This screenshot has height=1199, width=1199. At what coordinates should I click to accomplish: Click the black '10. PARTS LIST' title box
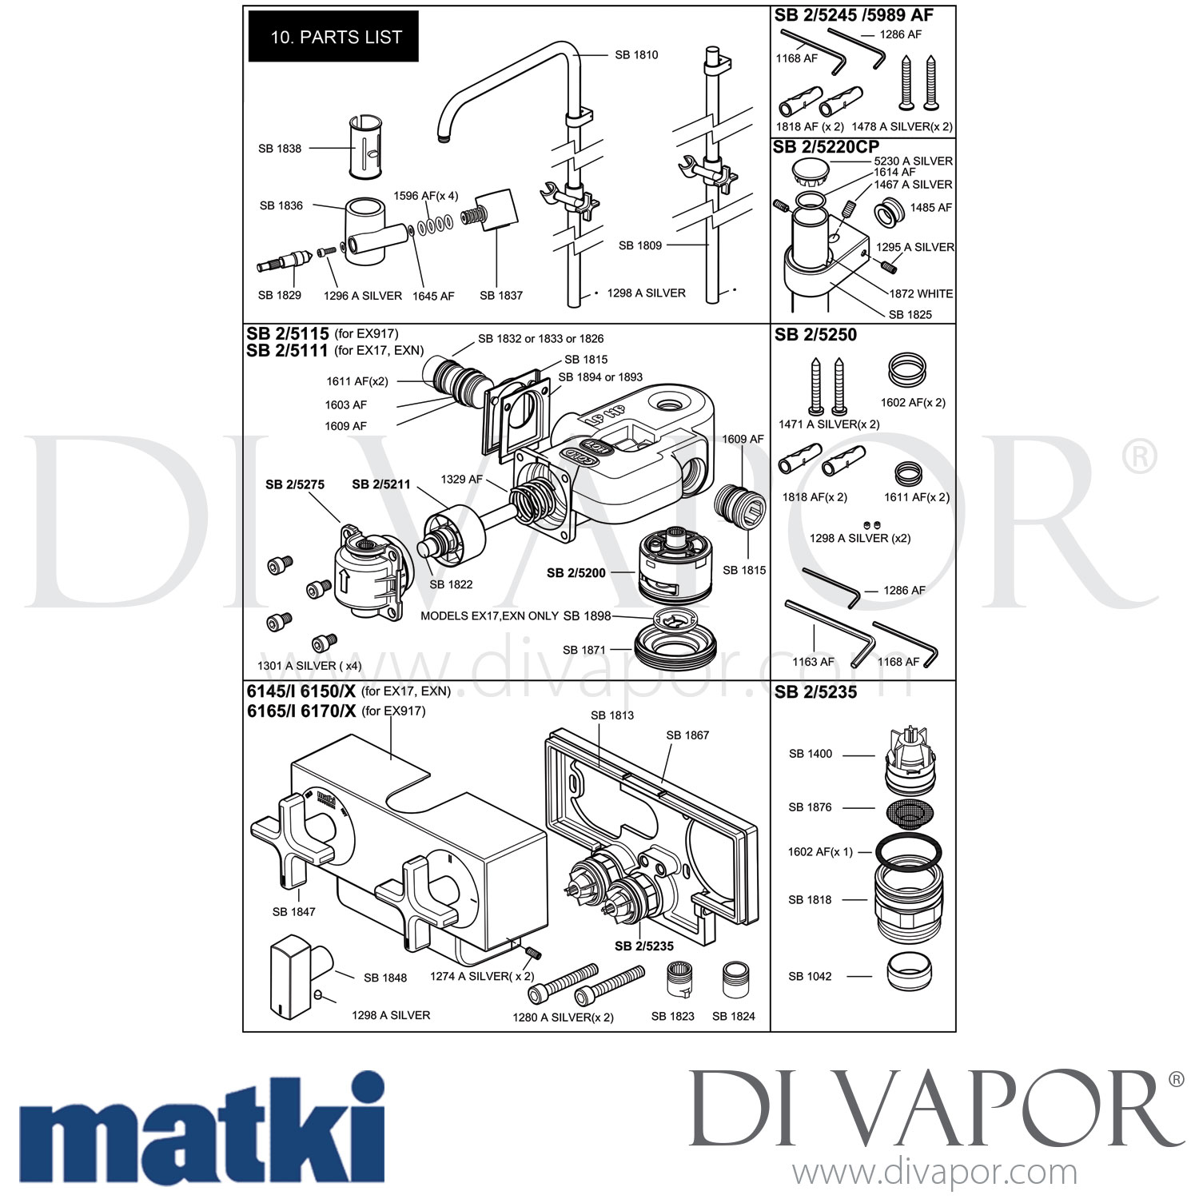[333, 37]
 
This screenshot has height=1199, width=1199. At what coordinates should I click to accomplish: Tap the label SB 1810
[636, 55]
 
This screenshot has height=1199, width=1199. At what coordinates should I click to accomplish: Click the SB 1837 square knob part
[496, 210]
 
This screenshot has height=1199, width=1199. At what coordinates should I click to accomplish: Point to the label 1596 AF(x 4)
[425, 196]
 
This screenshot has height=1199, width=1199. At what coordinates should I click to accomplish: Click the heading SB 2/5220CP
[826, 147]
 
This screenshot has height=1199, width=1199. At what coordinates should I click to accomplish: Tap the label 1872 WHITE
[921, 293]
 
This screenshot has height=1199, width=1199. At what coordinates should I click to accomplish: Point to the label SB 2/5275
[295, 484]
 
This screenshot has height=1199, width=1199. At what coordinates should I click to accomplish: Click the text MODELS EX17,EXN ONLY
[489, 616]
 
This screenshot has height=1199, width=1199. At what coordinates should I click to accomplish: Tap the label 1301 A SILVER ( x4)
[309, 666]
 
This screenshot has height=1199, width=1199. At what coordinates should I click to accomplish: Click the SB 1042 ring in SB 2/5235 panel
[909, 973]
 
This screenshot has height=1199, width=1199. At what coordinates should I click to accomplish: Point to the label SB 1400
[810, 754]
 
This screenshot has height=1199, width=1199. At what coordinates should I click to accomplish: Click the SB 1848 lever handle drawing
[295, 978]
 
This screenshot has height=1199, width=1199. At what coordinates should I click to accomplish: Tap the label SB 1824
[733, 1016]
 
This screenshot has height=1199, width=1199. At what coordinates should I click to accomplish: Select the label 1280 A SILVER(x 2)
[563, 1018]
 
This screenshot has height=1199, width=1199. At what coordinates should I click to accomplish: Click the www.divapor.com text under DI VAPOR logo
[934, 1173]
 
